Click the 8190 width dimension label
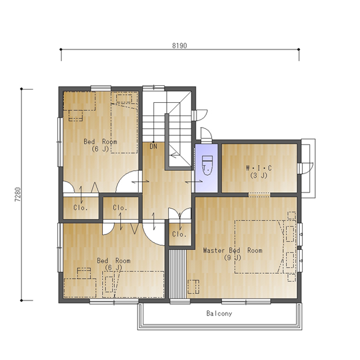(x=179, y=46)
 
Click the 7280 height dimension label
(x=18, y=194)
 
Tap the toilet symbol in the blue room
(x=207, y=165)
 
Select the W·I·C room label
(x=259, y=168)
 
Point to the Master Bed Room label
(x=232, y=250)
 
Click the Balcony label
(x=219, y=313)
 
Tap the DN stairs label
(x=154, y=146)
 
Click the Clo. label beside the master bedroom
(x=179, y=234)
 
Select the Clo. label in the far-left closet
(x=80, y=208)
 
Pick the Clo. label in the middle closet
(x=120, y=208)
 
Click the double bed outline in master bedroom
(x=259, y=247)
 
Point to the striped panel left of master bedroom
(x=178, y=274)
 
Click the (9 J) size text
(x=232, y=258)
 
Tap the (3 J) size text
(x=259, y=176)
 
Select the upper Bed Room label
(x=101, y=141)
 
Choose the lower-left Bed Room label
(x=114, y=260)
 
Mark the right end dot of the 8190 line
(x=299, y=49)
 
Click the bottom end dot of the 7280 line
(x=22, y=300)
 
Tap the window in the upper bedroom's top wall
(x=101, y=88)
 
